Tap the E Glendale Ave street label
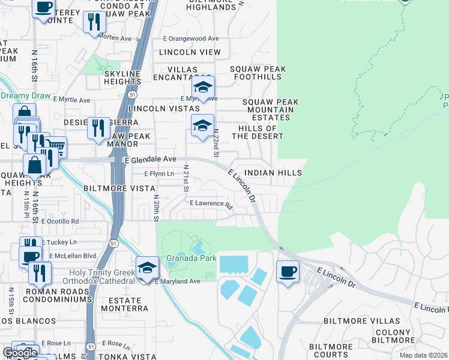[x=150, y=160]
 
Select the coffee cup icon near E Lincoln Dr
[x=288, y=272]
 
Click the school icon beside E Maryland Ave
[x=146, y=268]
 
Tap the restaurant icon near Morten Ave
[x=94, y=23]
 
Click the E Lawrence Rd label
[x=211, y=204]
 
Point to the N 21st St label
[x=186, y=179]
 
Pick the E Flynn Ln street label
[x=159, y=173]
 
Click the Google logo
[x=20, y=353]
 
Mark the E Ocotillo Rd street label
[x=60, y=221]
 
